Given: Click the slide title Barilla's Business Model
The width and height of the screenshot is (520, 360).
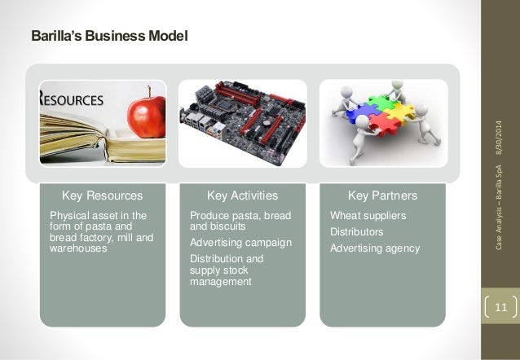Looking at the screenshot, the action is pyautogui.click(x=109, y=37).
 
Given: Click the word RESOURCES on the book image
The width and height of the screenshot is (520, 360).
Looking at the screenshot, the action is pyautogui.click(x=73, y=101).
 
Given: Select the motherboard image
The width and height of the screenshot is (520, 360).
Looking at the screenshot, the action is pyautogui.click(x=242, y=122).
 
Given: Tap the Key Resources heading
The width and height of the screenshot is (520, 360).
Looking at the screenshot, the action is pyautogui.click(x=103, y=196).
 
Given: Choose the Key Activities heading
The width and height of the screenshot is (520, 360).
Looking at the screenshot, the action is pyautogui.click(x=242, y=196).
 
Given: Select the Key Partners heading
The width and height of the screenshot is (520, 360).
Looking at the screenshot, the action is pyautogui.click(x=382, y=196).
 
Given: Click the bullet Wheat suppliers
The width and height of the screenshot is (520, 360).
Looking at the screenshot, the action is pyautogui.click(x=368, y=216).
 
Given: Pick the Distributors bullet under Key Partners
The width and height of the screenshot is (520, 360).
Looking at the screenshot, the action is pyautogui.click(x=356, y=232).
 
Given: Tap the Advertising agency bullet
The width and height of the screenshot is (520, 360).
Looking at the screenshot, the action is pyautogui.click(x=374, y=248).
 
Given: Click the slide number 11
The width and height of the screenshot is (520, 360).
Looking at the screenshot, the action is pyautogui.click(x=500, y=308).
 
